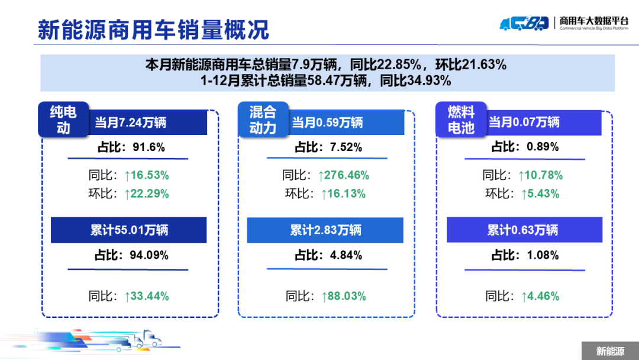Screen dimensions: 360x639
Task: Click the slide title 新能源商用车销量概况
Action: pyautogui.click(x=153, y=29)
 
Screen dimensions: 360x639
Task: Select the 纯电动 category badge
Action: pyautogui.click(x=63, y=120)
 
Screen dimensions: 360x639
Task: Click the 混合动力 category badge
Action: pyautogui.click(x=263, y=120)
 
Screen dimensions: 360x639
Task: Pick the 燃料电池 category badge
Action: pyautogui.click(x=461, y=120)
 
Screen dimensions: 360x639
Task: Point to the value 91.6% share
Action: pyautogui.click(x=149, y=147)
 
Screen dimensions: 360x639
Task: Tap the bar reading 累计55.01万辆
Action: pyautogui.click(x=129, y=230)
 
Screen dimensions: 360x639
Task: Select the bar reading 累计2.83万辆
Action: pyautogui.click(x=325, y=230)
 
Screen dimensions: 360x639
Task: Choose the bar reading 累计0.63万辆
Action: pyautogui.click(x=523, y=230)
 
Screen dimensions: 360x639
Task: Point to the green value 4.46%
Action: pyautogui.click(x=541, y=296)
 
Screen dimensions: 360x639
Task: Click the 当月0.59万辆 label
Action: pyautogui.click(x=327, y=123)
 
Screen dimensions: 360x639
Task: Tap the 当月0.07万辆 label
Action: pyautogui.click(x=524, y=123)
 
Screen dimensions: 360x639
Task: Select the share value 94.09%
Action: pyautogui.click(x=149, y=256)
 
